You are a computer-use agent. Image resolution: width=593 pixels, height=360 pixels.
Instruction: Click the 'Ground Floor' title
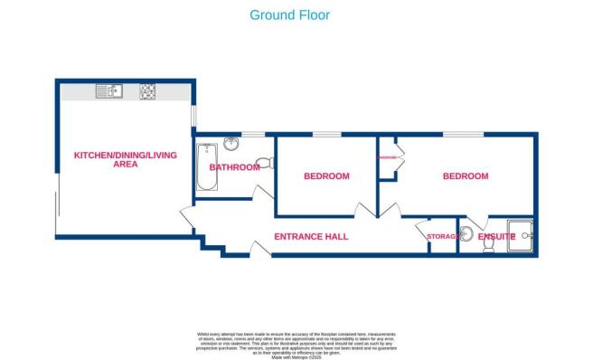coord(289,14)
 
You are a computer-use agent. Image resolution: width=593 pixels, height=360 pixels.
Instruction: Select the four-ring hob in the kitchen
coord(146,91)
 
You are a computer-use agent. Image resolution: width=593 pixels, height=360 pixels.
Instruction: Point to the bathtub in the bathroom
coord(206,166)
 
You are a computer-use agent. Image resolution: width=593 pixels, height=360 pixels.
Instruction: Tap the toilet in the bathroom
coord(263,164)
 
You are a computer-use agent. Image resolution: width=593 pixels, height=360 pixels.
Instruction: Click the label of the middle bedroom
coord(325,176)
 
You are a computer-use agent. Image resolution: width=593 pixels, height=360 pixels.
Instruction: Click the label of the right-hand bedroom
coord(465,176)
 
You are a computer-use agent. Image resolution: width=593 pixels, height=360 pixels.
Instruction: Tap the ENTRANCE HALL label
coord(310,237)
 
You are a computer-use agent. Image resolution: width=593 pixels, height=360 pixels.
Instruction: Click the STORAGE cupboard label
coord(442,237)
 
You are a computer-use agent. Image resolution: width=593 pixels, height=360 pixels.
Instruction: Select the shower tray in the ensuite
coord(521,232)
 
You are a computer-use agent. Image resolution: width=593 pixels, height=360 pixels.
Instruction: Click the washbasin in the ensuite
coord(467,235)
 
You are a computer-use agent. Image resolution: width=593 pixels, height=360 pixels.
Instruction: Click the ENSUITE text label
coord(496,237)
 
